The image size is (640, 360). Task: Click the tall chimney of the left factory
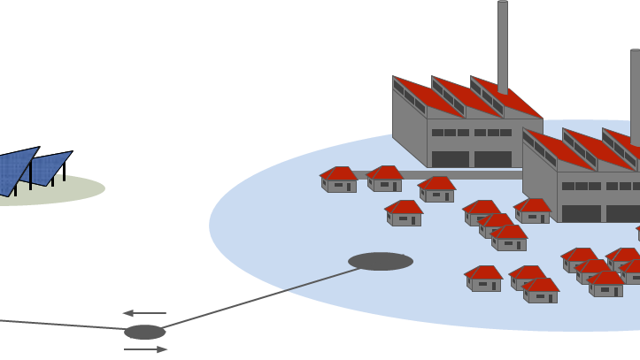(503, 44)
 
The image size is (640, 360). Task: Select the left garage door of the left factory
(450, 159)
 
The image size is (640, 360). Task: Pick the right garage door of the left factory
(493, 159)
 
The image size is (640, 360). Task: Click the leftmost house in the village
(339, 180)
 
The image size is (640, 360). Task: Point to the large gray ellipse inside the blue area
(381, 261)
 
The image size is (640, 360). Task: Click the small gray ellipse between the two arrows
(145, 333)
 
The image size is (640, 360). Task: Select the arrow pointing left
(143, 313)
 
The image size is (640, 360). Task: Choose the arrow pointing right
(146, 349)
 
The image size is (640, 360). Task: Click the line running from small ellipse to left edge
(62, 325)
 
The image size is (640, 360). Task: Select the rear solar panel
(51, 165)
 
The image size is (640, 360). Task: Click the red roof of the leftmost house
(339, 172)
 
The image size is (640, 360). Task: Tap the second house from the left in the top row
(385, 180)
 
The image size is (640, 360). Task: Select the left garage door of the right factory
(581, 213)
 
